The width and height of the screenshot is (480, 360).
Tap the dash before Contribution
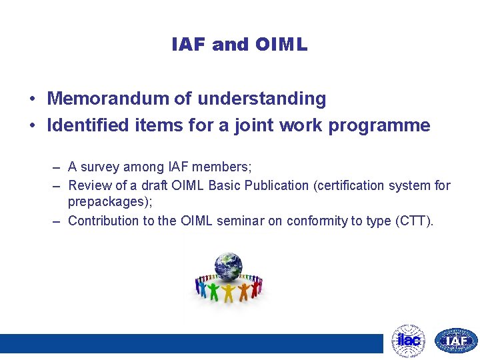click(x=57, y=221)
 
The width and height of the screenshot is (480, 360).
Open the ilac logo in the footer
click(x=408, y=341)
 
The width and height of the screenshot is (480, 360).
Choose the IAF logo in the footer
click(x=456, y=341)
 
